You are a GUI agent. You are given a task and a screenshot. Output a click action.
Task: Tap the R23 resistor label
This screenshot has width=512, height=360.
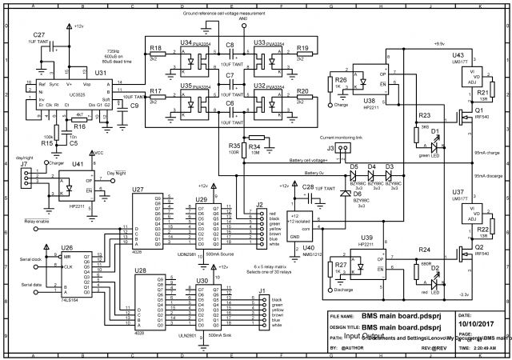coord(425,116)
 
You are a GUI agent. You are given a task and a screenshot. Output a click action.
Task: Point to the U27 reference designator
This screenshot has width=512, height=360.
coord(138,190)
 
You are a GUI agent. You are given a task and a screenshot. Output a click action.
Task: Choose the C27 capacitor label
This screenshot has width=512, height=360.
coord(39,35)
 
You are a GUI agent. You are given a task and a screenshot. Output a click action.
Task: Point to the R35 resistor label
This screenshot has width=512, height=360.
coord(234,146)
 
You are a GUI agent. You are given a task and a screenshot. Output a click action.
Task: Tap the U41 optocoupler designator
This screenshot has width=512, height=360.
coord(78,164)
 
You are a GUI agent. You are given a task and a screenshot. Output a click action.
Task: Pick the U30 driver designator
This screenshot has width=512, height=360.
coord(202,281)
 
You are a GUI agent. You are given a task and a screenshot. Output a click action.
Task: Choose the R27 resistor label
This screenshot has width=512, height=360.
coord(340,264)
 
